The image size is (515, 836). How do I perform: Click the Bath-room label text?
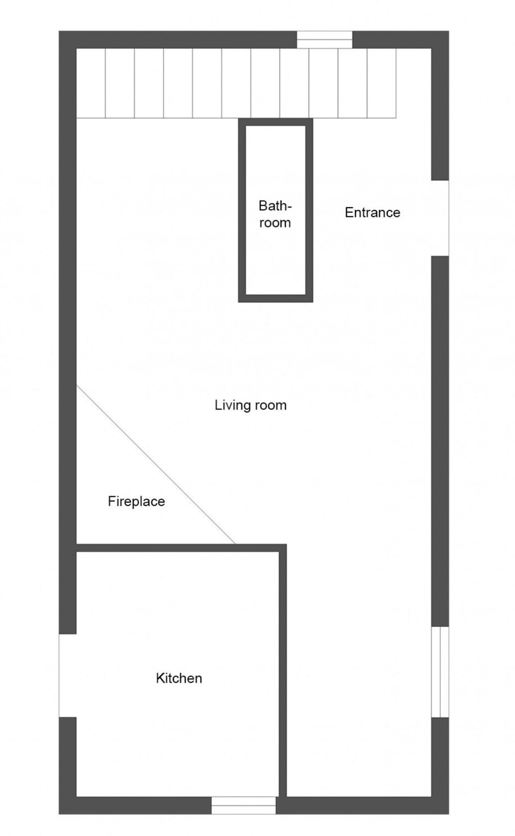[x=275, y=214]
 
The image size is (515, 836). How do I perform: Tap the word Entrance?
[x=372, y=212]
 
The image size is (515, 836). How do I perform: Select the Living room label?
[x=251, y=405]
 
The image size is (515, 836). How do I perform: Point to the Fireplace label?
[x=136, y=501]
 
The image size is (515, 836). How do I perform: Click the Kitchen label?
[x=179, y=678]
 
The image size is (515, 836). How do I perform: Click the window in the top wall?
[x=325, y=40]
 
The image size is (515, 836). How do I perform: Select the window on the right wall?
[x=440, y=672]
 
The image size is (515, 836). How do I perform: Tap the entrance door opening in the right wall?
[x=440, y=218]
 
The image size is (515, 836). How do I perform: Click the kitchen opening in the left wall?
[x=68, y=675]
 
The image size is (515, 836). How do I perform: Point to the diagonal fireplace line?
[x=156, y=465]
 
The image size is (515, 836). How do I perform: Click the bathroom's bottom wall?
[x=275, y=298]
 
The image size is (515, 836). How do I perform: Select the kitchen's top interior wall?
[x=181, y=548]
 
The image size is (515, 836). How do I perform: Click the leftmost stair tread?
[x=91, y=83]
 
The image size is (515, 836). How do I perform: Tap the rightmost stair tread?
[x=381, y=83]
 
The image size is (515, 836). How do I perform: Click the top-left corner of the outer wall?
[x=59, y=31]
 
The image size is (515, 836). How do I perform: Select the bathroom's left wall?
[x=242, y=210]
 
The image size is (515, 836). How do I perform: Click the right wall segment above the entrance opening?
[x=440, y=106]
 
